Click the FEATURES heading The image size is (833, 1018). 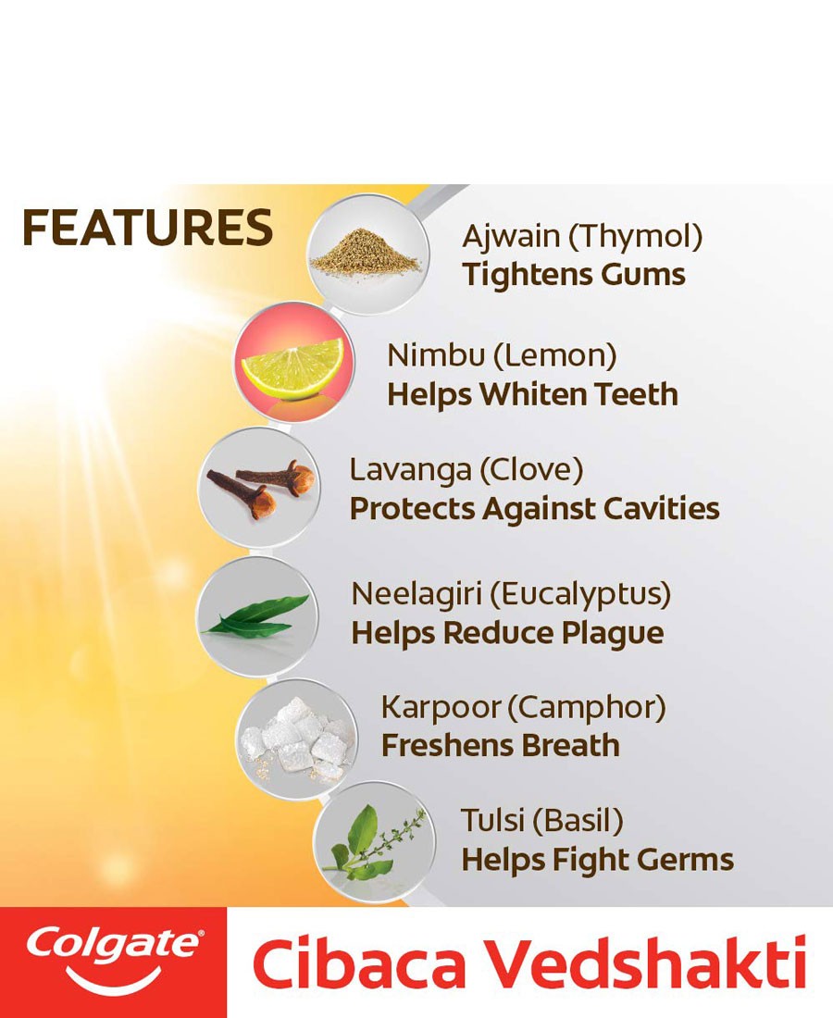(147, 228)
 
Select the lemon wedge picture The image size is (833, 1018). (293, 367)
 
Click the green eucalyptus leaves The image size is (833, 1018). (255, 616)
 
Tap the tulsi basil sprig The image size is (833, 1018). (375, 842)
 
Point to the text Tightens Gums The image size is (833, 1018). (574, 274)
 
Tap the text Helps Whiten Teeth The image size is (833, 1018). (532, 394)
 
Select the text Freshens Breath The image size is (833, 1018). (501, 745)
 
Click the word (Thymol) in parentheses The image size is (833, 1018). (636, 237)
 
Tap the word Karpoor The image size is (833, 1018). (441, 708)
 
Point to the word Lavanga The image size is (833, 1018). (410, 471)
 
